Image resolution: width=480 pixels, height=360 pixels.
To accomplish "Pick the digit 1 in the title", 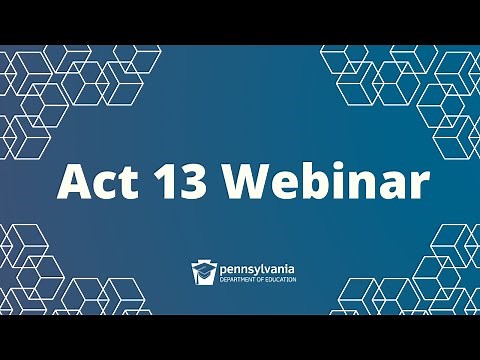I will [x=161, y=181].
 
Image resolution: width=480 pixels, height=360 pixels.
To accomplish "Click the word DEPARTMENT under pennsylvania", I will [x=235, y=279].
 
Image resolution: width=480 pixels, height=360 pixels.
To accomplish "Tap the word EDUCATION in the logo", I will [x=279, y=279].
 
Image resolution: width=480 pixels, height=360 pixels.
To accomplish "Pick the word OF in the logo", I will [x=258, y=279].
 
